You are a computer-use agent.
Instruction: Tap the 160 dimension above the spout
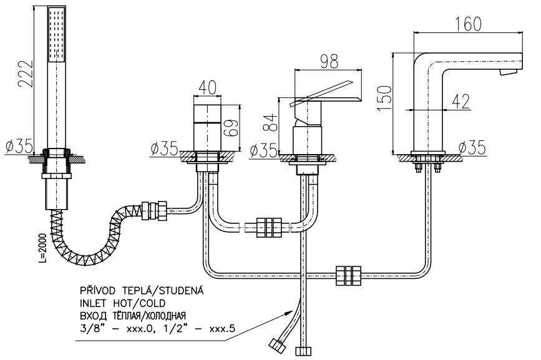(468, 24)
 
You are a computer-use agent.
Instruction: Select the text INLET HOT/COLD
(114, 304)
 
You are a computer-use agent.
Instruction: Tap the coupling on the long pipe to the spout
(348, 274)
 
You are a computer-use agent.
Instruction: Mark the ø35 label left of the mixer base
(263, 150)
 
